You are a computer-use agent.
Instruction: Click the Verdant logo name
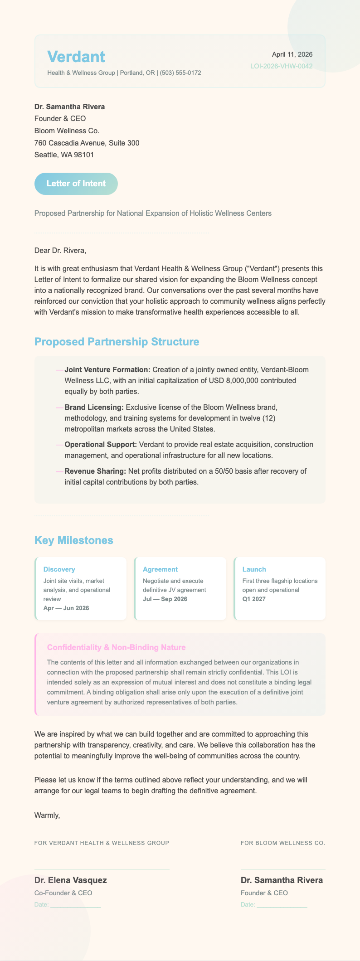(76, 57)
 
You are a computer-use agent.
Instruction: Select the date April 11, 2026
(292, 54)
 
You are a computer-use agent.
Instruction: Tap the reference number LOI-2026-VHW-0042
(281, 66)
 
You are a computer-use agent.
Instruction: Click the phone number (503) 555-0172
(180, 73)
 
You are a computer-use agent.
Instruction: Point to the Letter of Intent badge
(76, 184)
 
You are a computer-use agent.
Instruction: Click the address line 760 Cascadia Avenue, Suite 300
(87, 143)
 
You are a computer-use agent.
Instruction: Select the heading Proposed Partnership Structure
(117, 342)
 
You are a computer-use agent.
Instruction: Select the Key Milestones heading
(74, 540)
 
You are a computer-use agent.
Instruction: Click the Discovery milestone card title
(59, 569)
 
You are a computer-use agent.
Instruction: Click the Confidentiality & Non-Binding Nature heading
(117, 647)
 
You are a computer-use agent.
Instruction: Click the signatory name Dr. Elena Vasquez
(71, 880)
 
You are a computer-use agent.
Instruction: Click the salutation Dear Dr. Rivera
(60, 250)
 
